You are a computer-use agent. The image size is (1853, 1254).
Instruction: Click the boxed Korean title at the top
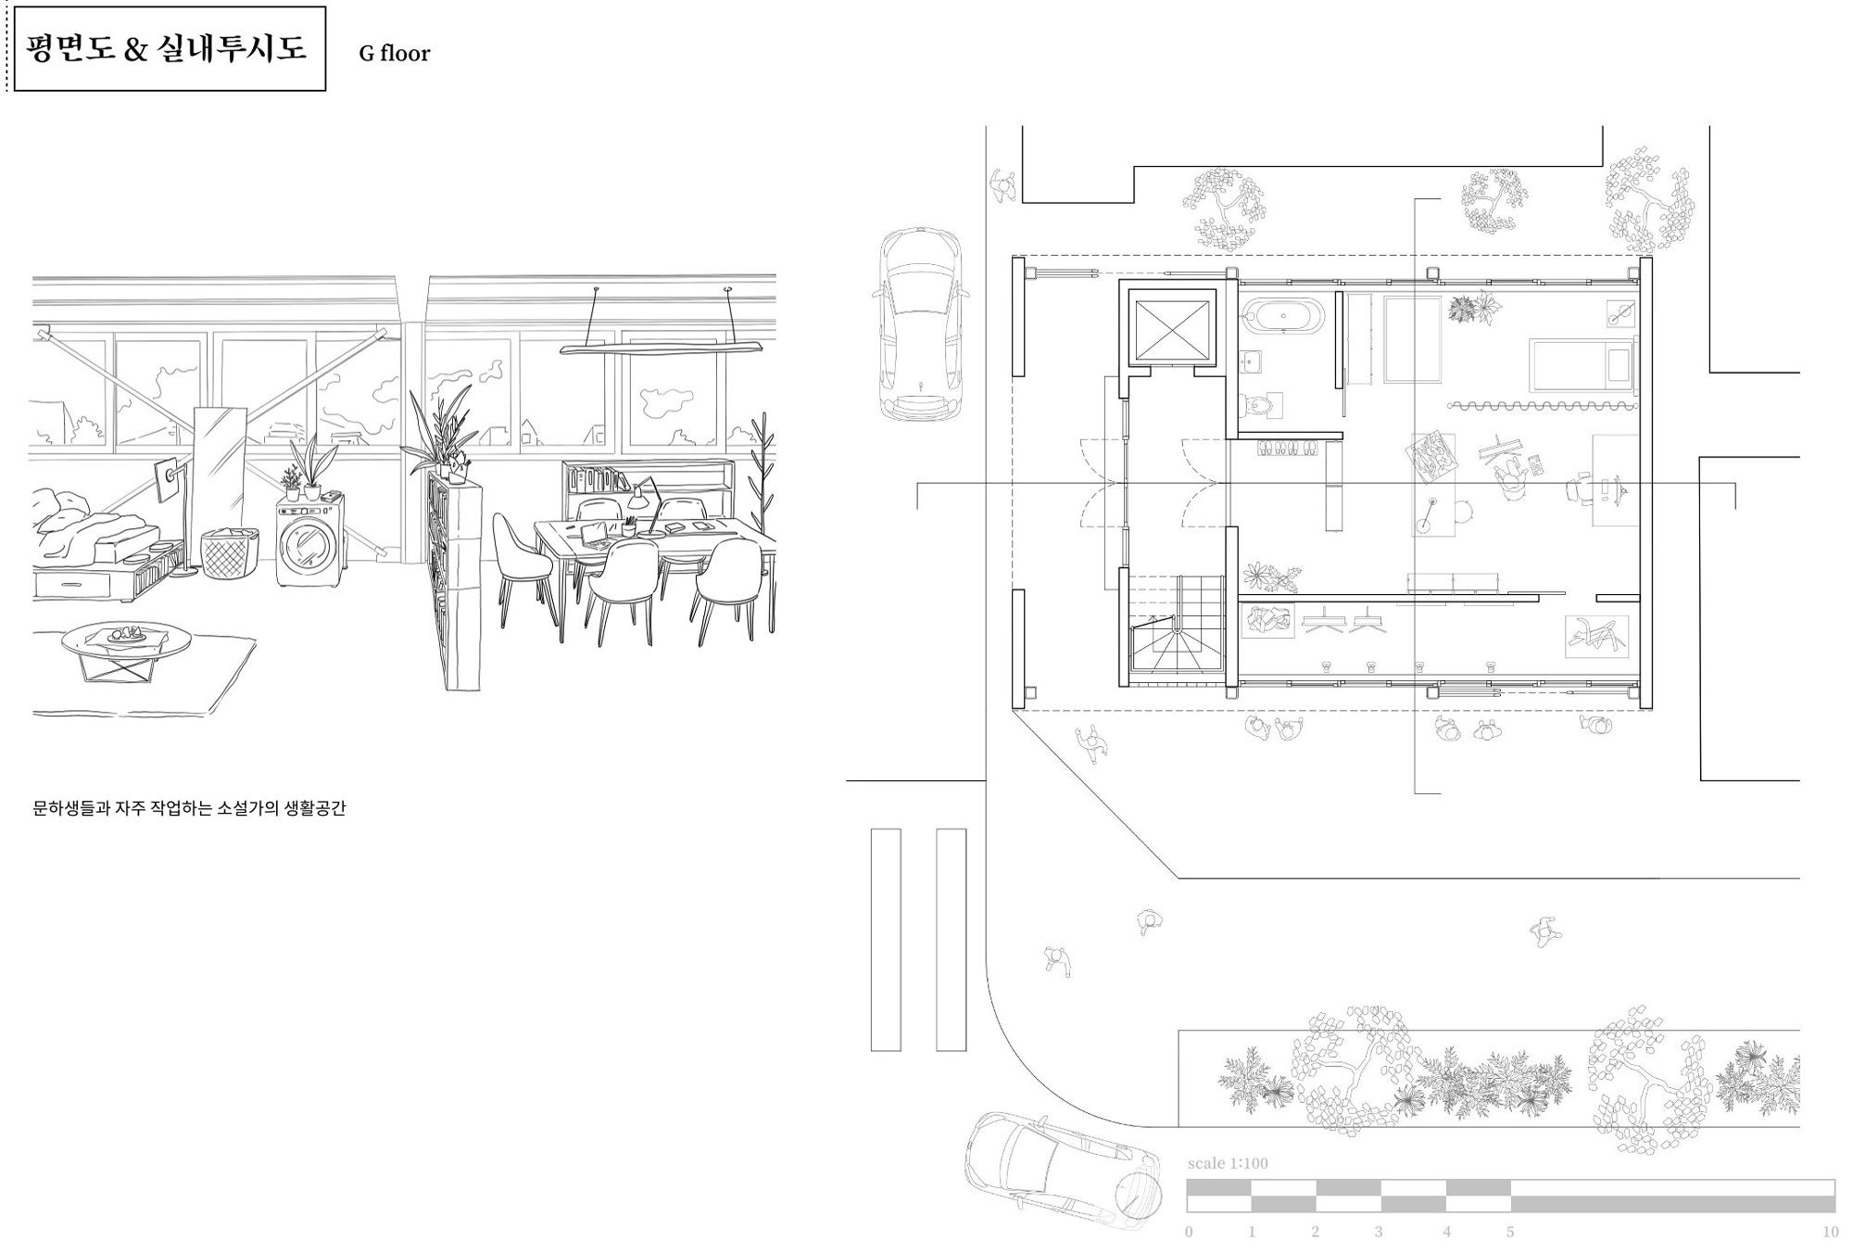click(x=167, y=48)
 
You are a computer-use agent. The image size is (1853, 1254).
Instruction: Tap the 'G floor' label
click(x=395, y=54)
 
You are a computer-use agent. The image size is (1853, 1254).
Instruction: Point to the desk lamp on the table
click(x=645, y=505)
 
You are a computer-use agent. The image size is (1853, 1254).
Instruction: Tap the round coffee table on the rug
click(x=126, y=650)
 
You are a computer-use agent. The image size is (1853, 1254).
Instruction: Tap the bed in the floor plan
click(x=1582, y=365)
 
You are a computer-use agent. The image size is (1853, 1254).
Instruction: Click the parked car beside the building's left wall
click(x=919, y=324)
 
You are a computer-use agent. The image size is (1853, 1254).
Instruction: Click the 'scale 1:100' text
click(x=1228, y=1163)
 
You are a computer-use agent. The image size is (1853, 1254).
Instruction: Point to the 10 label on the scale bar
click(x=1830, y=1232)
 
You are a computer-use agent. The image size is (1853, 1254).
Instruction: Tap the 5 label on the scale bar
click(x=1510, y=1232)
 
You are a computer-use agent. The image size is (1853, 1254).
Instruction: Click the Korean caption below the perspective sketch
click(x=189, y=808)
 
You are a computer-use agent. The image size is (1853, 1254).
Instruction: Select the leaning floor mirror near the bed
click(x=217, y=488)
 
